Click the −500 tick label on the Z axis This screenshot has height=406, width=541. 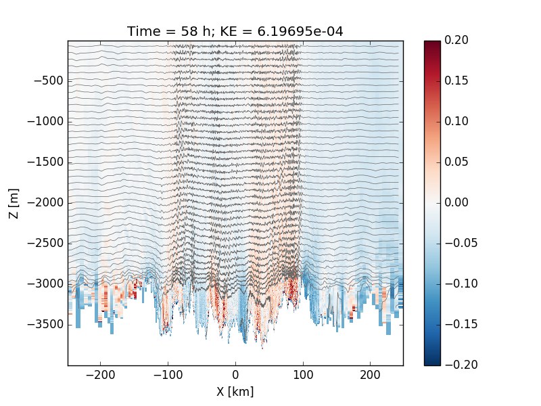tap(49, 81)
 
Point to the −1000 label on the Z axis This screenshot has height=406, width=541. tap(45, 122)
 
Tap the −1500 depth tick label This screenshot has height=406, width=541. tap(45, 162)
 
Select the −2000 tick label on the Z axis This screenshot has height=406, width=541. tap(45, 202)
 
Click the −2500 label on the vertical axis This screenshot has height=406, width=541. tap(45, 243)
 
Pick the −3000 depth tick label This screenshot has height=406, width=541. tap(45, 284)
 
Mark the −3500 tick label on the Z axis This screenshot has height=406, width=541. tap(45, 324)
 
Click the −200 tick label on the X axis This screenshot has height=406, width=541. tap(100, 375)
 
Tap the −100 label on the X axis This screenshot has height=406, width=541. tap(168, 375)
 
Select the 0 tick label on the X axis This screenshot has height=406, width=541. tap(235, 375)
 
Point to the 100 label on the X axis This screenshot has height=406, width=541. tap(303, 375)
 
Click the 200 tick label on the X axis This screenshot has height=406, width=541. tap(370, 375)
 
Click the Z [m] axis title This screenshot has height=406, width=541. tap(14, 204)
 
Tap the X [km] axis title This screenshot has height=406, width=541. tap(235, 392)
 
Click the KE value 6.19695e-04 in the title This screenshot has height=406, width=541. tap(300, 31)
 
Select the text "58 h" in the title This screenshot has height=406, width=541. tap(195, 31)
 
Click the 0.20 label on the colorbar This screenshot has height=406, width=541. tap(456, 40)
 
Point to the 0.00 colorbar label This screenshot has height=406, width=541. tap(456, 202)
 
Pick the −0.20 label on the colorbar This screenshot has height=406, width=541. tap(461, 365)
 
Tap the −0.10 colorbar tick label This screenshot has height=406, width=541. tap(461, 284)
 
